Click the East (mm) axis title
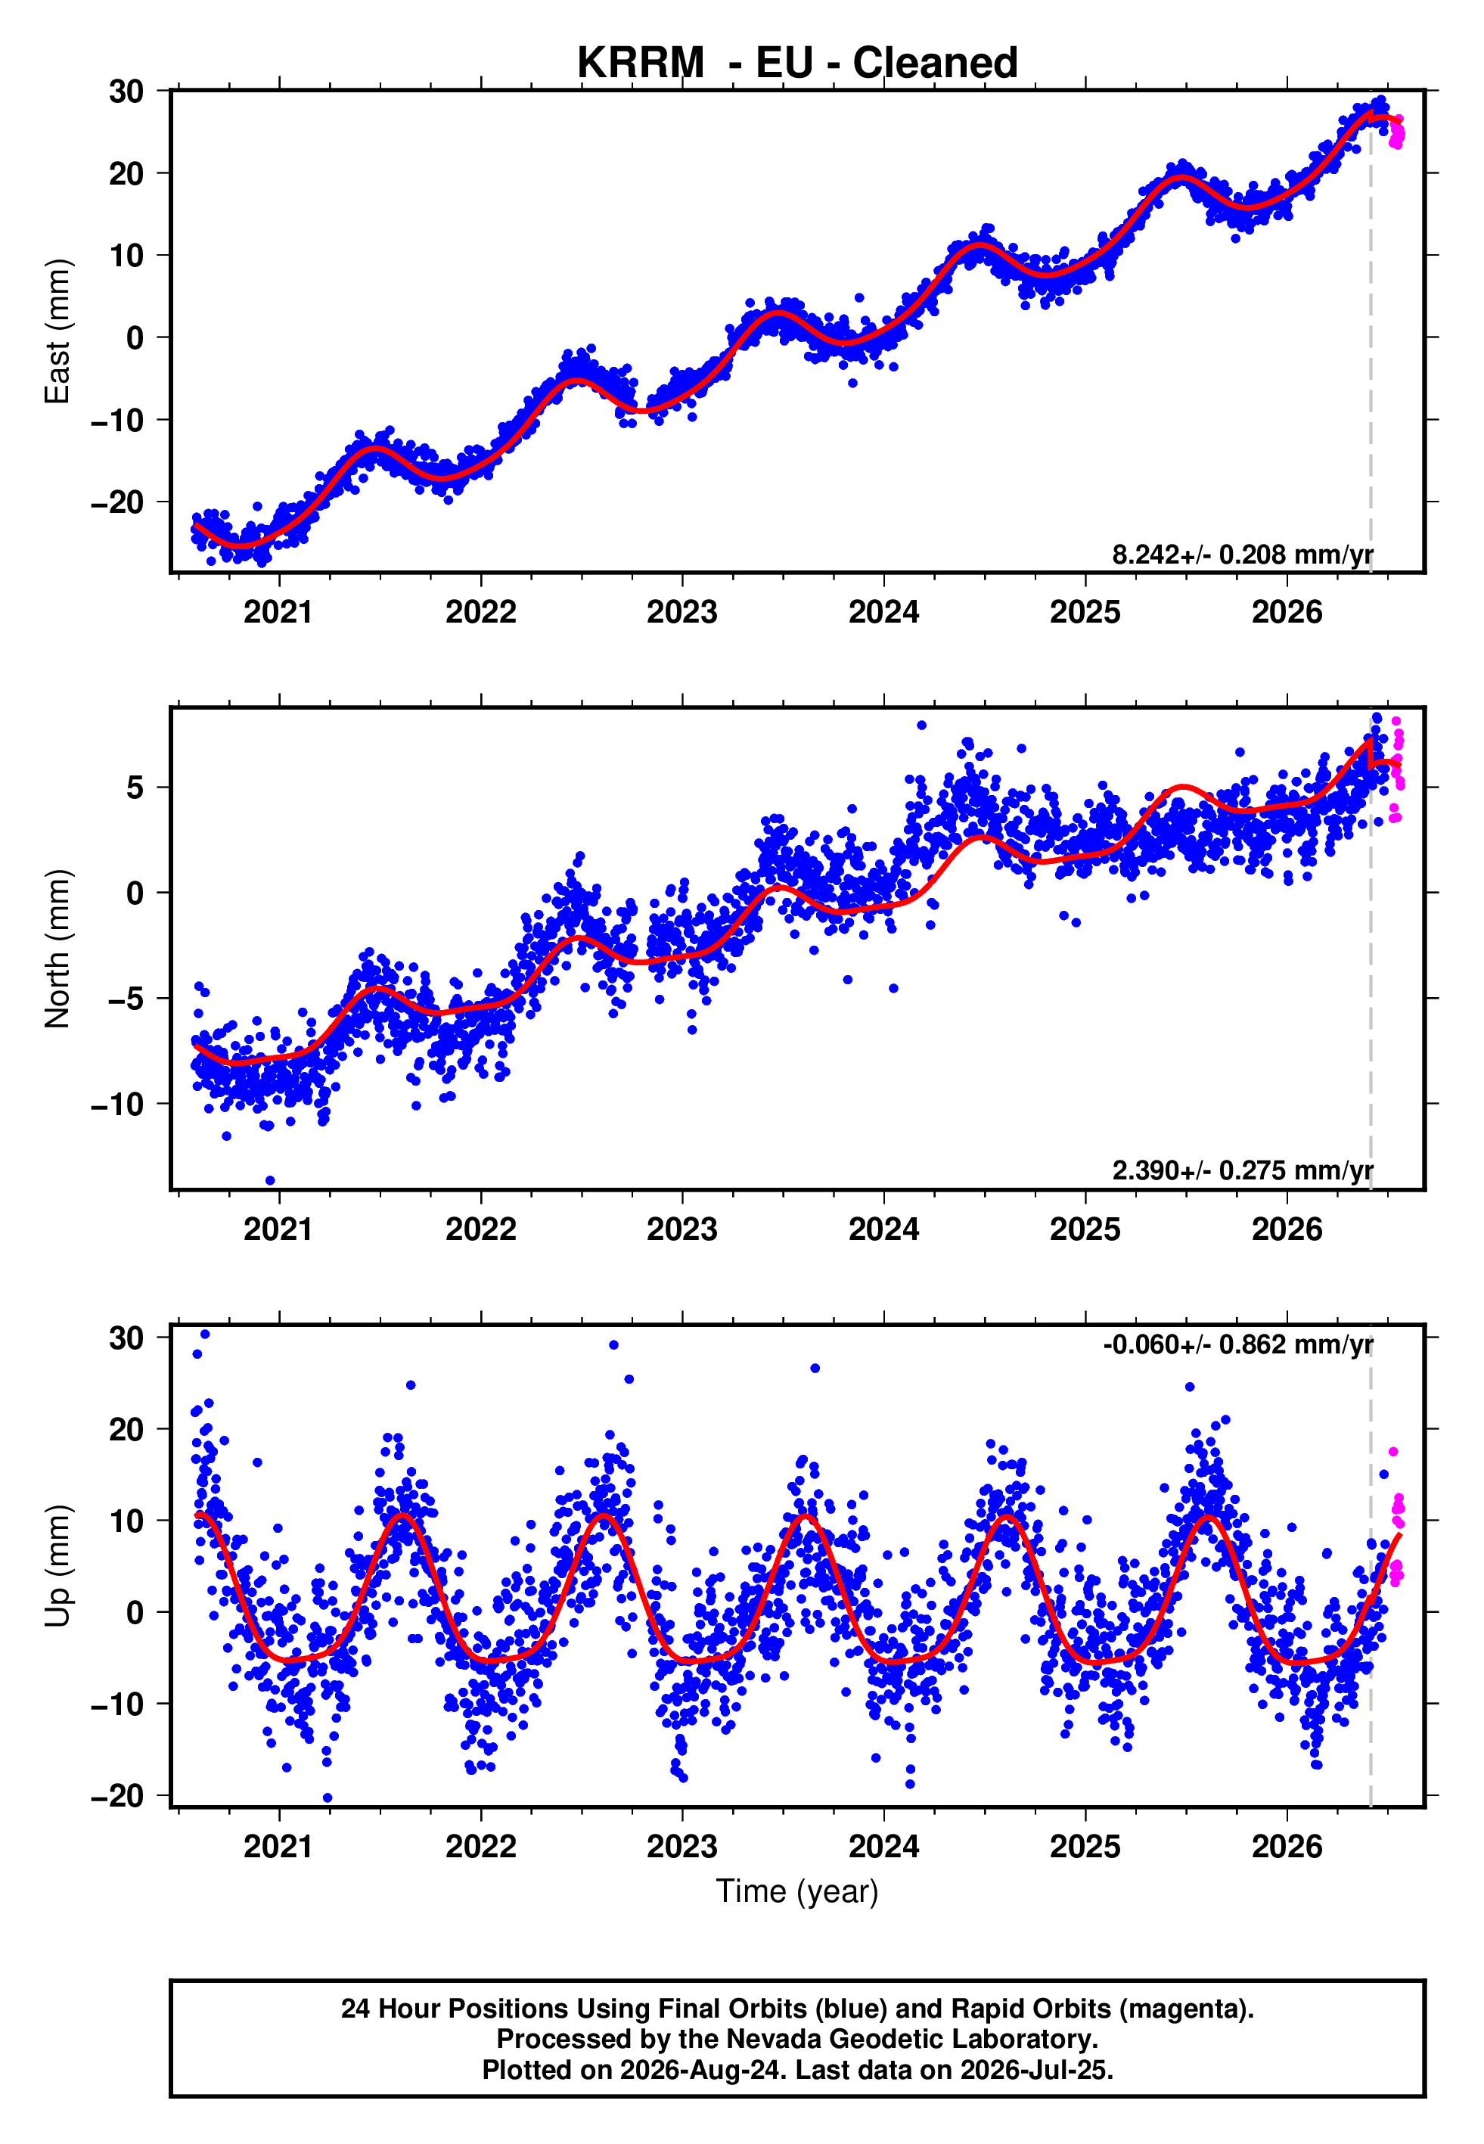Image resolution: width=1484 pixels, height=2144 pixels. point(57,331)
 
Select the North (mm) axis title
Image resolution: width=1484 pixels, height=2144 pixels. point(57,949)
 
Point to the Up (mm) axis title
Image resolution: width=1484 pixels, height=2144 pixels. point(57,1566)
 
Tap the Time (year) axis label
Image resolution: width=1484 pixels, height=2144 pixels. point(797,1891)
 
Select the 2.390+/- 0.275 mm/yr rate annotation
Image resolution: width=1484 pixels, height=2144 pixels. point(1242,1170)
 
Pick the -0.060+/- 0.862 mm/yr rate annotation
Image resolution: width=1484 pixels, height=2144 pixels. point(1237,1344)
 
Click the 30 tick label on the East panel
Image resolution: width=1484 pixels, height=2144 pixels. point(126,91)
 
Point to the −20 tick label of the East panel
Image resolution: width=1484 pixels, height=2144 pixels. point(117,502)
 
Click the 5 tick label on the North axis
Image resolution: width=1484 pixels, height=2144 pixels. point(135,788)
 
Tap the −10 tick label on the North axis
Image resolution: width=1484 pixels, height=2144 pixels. point(117,1104)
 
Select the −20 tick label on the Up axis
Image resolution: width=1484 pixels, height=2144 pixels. point(117,1795)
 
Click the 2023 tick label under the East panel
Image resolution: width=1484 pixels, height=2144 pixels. point(681,612)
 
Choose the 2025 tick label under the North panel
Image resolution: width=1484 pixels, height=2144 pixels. point(1085,1229)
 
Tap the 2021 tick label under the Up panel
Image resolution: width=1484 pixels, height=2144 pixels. point(279,1847)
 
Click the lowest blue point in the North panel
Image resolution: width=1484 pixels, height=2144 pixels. point(271,1181)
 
